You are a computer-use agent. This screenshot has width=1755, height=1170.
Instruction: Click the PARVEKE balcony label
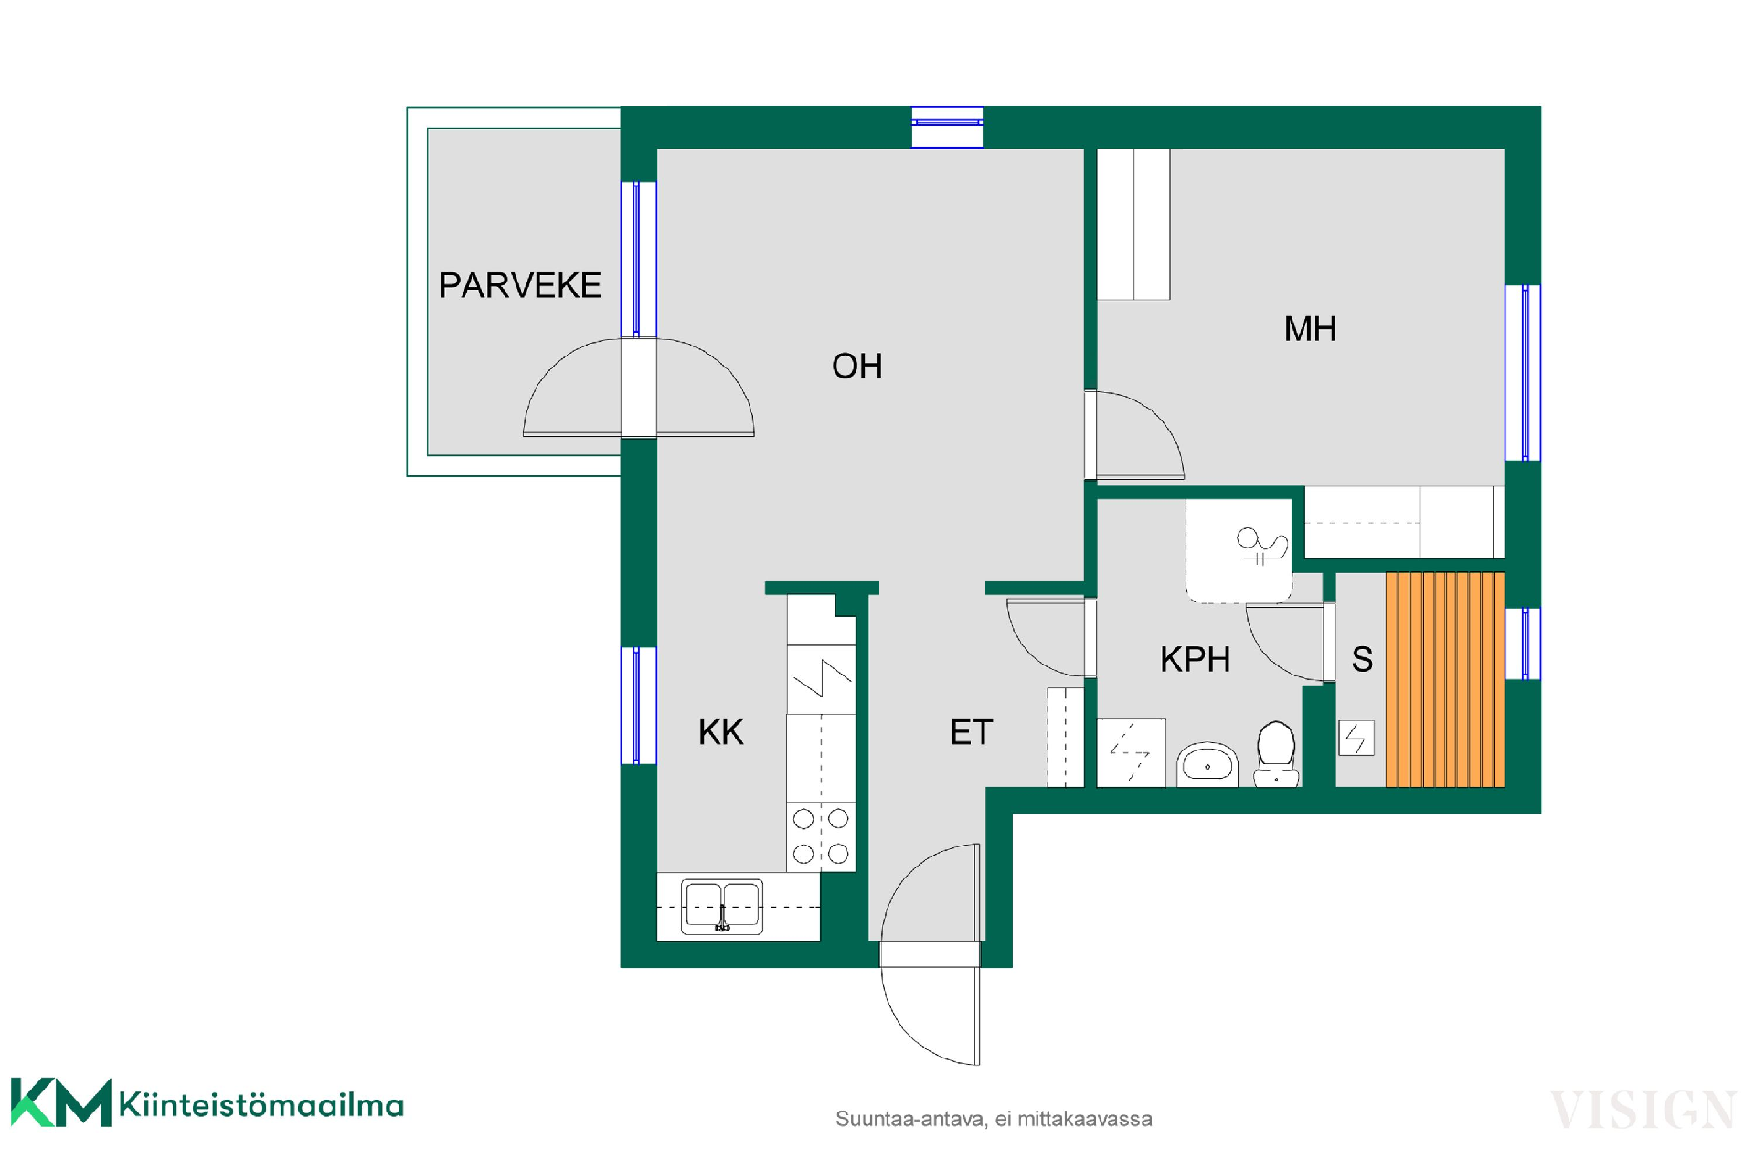pos(520,285)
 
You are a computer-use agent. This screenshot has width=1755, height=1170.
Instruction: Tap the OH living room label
pos(857,367)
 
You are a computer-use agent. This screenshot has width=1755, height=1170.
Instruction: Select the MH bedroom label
pos(1310,329)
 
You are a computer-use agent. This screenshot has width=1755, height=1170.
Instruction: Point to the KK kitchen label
pos(721,732)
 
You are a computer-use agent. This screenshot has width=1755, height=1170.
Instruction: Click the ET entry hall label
pos(971,732)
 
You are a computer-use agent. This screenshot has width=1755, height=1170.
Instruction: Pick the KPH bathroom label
pos(1195,659)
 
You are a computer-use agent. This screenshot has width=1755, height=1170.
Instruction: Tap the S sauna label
pos(1362,659)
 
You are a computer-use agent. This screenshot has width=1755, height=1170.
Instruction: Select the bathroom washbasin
pos(1207,764)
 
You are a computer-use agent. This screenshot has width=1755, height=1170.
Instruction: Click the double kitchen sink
pos(722,907)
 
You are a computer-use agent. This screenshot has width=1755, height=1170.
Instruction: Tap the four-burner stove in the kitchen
pos(821,836)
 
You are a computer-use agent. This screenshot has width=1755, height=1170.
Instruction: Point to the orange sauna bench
pos(1445,680)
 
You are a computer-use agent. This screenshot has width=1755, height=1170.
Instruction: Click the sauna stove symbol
pos(1356,739)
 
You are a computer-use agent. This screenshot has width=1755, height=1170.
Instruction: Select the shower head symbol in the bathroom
pos(1261,546)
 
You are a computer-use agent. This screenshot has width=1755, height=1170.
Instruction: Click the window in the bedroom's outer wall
pos(1523,373)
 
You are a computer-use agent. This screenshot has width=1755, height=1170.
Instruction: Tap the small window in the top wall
pos(947,127)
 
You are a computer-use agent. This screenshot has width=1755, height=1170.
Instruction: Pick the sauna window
pos(1523,644)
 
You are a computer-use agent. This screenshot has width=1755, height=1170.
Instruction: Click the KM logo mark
pos(61,1102)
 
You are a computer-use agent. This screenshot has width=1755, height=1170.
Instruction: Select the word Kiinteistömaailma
pos(261,1105)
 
